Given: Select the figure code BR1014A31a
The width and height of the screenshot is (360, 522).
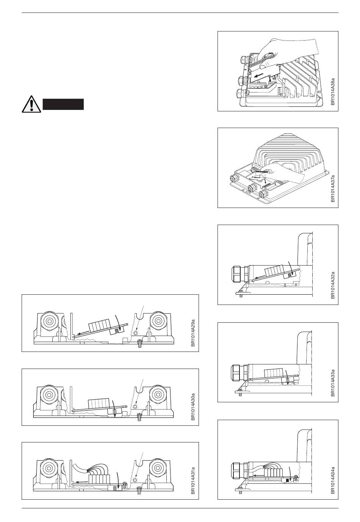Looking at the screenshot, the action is (x=193, y=476).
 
